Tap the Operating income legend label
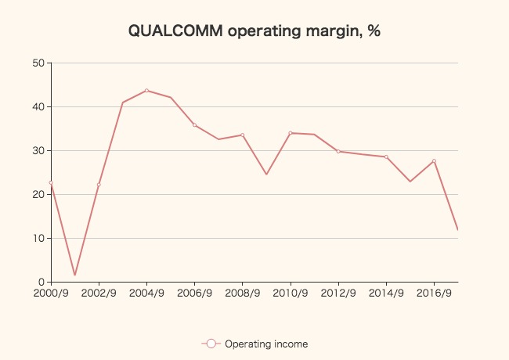(266, 344)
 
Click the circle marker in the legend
(211, 344)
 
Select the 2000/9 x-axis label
(51, 293)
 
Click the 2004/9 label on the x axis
(146, 293)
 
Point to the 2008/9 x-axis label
(243, 293)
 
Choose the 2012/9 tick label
(338, 293)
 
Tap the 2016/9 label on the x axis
(434, 293)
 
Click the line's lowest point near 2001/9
(74, 275)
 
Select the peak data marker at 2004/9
(146, 91)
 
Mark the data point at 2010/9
(291, 133)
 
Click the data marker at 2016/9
(434, 161)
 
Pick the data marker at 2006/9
(194, 125)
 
